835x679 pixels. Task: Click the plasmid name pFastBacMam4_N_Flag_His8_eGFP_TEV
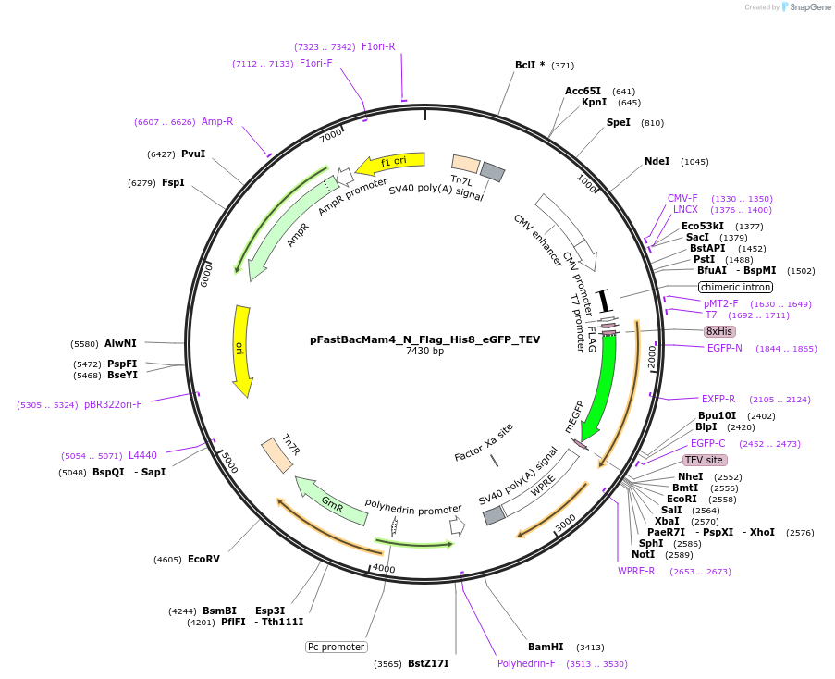pos(424,339)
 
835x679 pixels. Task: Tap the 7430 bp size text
pos(424,352)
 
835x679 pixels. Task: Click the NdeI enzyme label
pos(657,161)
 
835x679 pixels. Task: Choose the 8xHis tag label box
pos(718,331)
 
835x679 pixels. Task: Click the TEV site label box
pos(705,460)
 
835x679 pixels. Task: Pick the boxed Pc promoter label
pos(337,647)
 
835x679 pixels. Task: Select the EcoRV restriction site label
pos(203,559)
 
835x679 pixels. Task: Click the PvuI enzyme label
pos(193,154)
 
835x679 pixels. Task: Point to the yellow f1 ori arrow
pos(391,163)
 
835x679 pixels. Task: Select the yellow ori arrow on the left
pos(241,349)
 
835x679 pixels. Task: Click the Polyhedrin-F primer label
pos(526,663)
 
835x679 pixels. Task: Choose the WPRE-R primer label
pos(636,571)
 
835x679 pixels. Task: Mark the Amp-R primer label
pos(217,121)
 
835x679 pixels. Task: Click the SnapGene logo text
pos(805,7)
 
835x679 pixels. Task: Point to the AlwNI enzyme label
pos(120,343)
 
